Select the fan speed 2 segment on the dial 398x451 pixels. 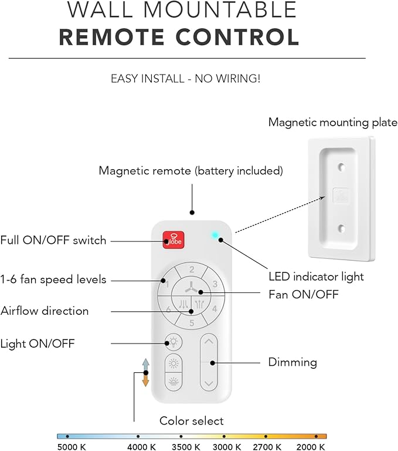[x=192, y=270]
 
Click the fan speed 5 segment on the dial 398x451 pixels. [x=192, y=322]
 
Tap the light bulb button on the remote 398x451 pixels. [x=173, y=342]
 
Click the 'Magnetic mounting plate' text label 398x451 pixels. [x=332, y=123]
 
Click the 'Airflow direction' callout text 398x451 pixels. [x=45, y=311]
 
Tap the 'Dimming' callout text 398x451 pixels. [x=292, y=362]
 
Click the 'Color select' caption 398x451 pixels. [x=191, y=421]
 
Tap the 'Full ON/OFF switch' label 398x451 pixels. [x=53, y=240]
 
